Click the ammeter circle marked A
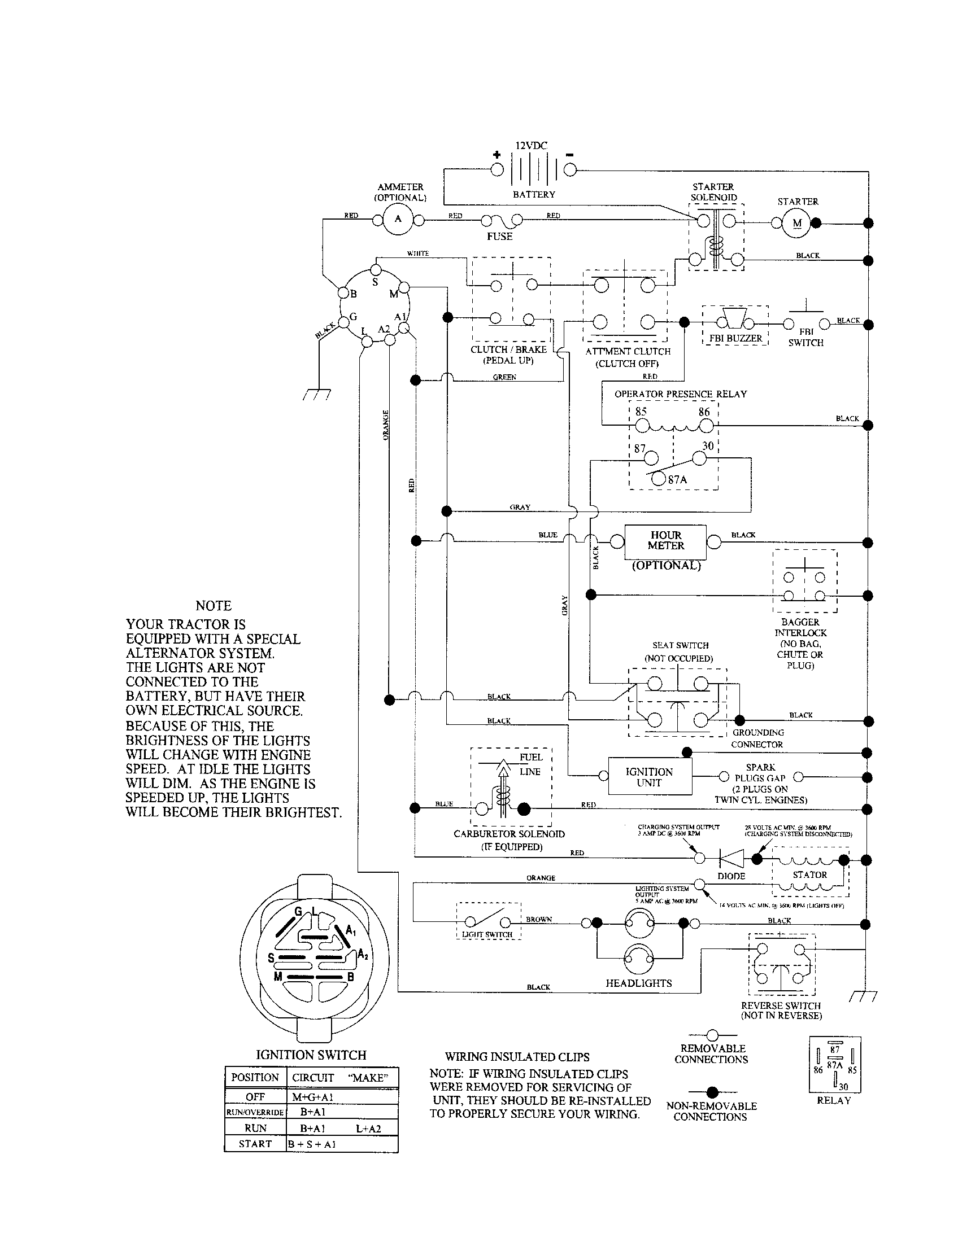tap(398, 220)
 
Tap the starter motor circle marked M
tap(796, 223)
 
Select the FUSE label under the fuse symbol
tap(499, 237)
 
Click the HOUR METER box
tap(665, 541)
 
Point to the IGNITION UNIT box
tap(650, 777)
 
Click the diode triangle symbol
tap(731, 858)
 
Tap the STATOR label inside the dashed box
tap(809, 874)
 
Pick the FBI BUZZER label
tap(735, 338)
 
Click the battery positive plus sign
tap(497, 155)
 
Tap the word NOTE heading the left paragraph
tap(214, 606)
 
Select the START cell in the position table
tap(255, 1144)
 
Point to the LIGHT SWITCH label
tap(487, 934)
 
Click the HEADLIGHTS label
tap(639, 983)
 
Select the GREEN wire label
tap(504, 377)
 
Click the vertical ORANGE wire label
tap(386, 425)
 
